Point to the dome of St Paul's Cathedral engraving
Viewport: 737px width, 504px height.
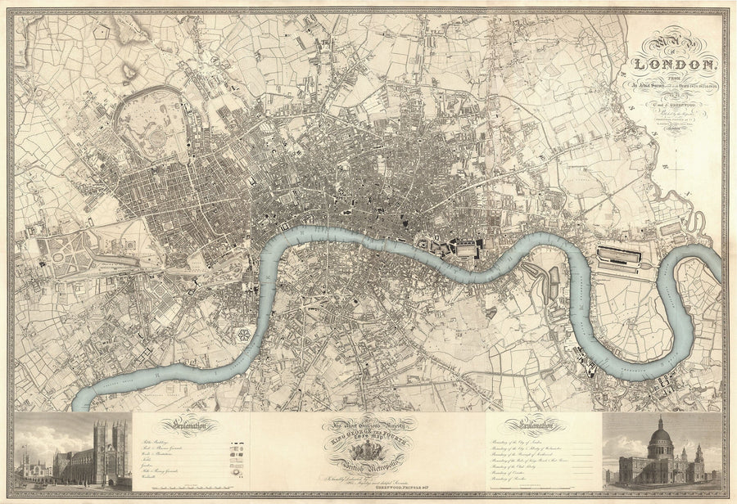tap(660, 443)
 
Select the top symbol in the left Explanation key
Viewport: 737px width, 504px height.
tap(238, 441)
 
